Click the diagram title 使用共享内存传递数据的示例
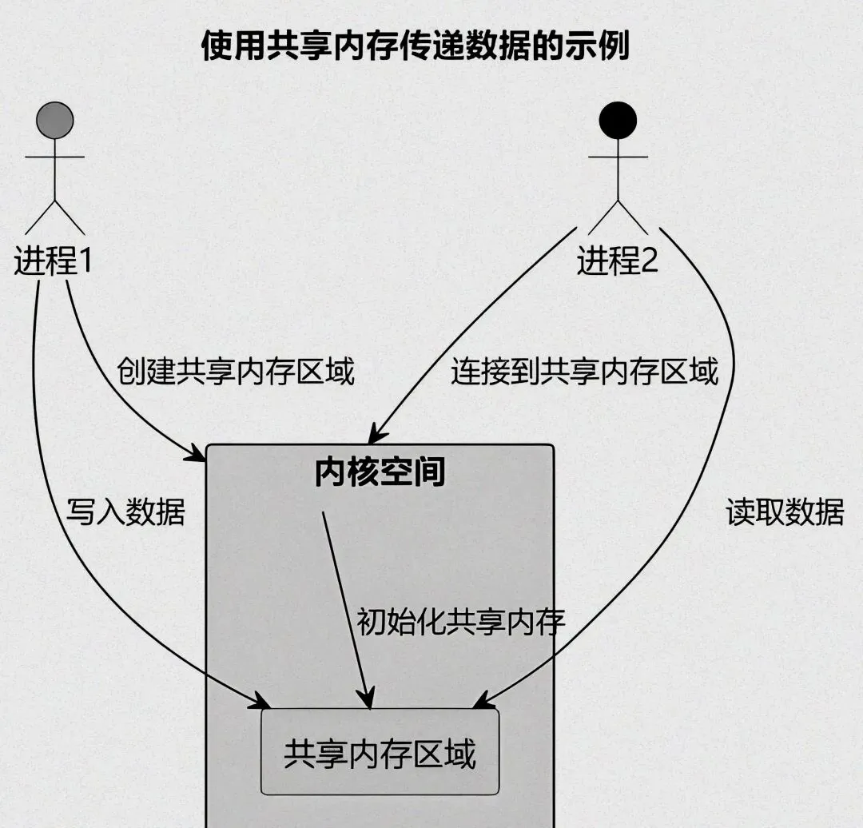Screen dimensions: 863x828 coord(415,46)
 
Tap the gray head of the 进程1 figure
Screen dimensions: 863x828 coord(55,120)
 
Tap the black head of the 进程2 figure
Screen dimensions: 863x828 coord(618,120)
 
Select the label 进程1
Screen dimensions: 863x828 coord(53,261)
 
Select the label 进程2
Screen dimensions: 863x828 coord(617,261)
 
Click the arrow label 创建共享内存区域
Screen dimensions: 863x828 coord(235,371)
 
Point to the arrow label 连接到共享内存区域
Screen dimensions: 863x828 coord(584,371)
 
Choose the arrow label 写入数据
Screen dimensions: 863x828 coord(125,512)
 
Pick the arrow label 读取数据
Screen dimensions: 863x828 coord(785,512)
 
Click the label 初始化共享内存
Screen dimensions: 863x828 coord(460,620)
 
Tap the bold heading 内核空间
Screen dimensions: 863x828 coord(380,472)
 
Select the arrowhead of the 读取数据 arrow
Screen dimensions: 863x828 coord(479,703)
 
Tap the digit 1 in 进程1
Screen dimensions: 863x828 coord(83,261)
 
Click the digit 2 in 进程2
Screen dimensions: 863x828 coord(648,261)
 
